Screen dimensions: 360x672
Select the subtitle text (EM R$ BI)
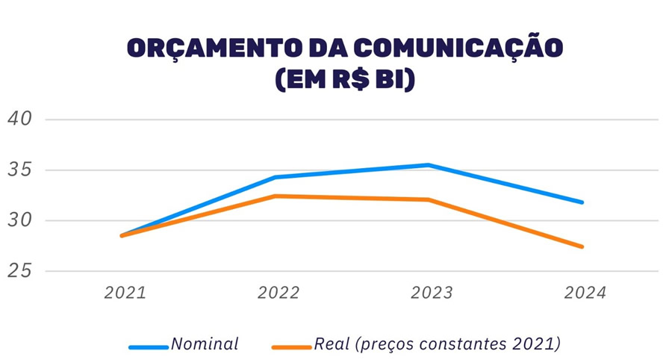click(344, 79)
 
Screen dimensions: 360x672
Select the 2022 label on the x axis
click(278, 293)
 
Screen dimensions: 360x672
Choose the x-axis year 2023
click(431, 293)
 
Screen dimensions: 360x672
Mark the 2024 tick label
click(585, 293)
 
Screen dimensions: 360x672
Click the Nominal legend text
click(205, 344)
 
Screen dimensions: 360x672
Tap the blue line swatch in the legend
click(148, 347)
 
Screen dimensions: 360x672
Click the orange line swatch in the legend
click(290, 347)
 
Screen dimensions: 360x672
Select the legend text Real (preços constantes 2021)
click(437, 344)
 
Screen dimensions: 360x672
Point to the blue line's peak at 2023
click(429, 165)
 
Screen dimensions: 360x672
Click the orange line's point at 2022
click(275, 196)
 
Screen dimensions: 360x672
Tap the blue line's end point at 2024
click(582, 202)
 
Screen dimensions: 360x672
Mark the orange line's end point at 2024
click(582, 246)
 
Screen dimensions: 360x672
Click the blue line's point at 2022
click(275, 177)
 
